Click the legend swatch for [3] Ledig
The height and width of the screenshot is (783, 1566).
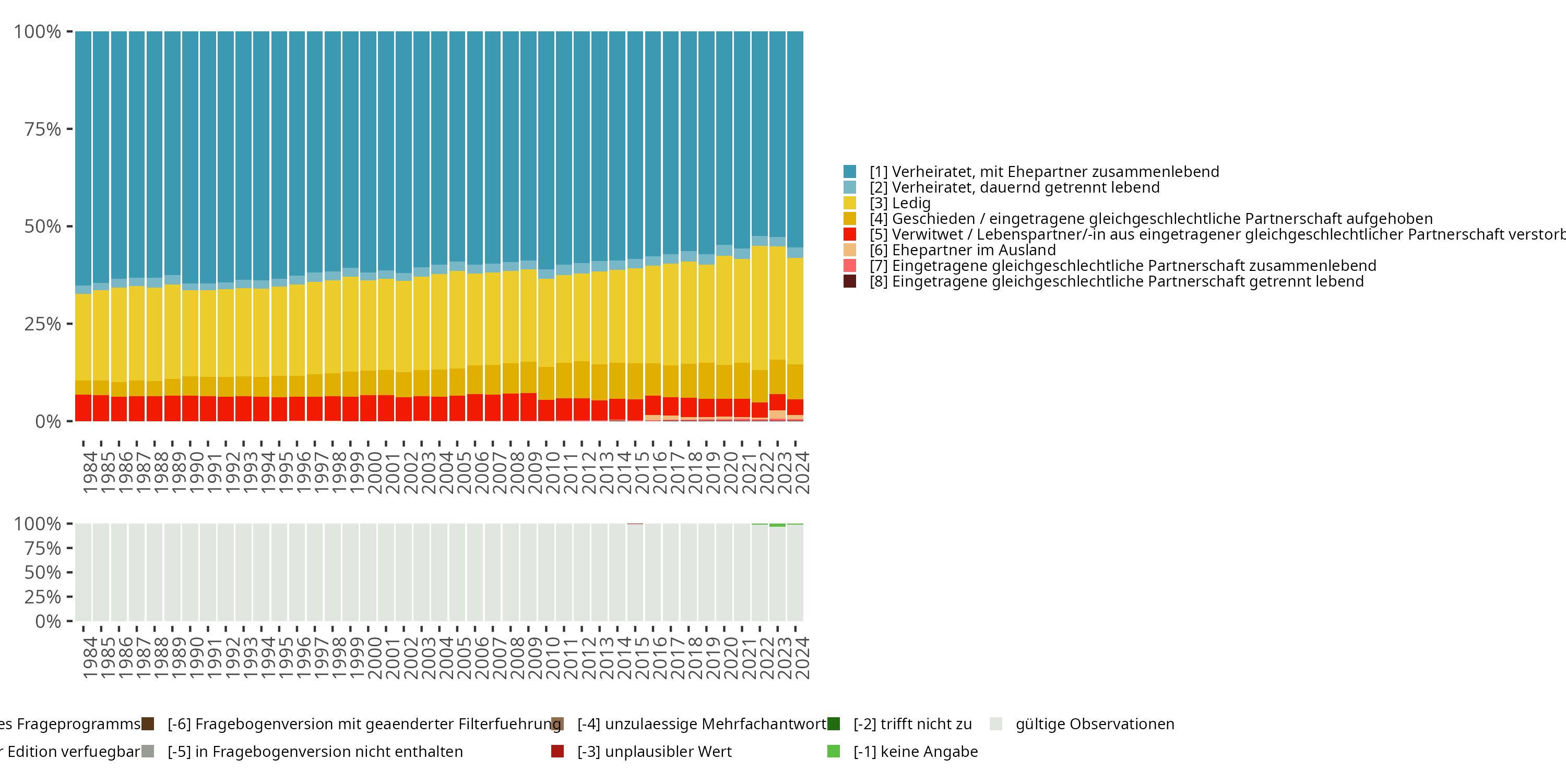[849, 203]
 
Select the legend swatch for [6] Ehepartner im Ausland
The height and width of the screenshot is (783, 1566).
[849, 250]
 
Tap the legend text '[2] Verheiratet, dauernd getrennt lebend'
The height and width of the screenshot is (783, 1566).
[1014, 187]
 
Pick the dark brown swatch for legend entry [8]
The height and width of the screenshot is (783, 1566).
[849, 281]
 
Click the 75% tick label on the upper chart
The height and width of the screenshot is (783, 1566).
[43, 129]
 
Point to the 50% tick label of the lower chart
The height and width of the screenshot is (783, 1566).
[43, 573]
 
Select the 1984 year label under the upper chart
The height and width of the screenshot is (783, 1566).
[90, 472]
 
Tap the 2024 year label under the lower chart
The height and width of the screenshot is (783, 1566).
[802, 658]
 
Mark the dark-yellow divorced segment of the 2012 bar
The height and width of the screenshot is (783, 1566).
[582, 380]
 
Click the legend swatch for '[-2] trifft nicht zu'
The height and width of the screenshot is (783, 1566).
[834, 724]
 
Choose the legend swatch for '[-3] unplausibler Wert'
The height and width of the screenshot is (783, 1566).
[557, 751]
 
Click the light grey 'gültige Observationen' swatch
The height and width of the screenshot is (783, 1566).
[996, 724]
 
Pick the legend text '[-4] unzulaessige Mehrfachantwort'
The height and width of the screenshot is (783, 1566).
[702, 724]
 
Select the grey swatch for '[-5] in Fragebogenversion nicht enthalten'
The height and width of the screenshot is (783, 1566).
[148, 751]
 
